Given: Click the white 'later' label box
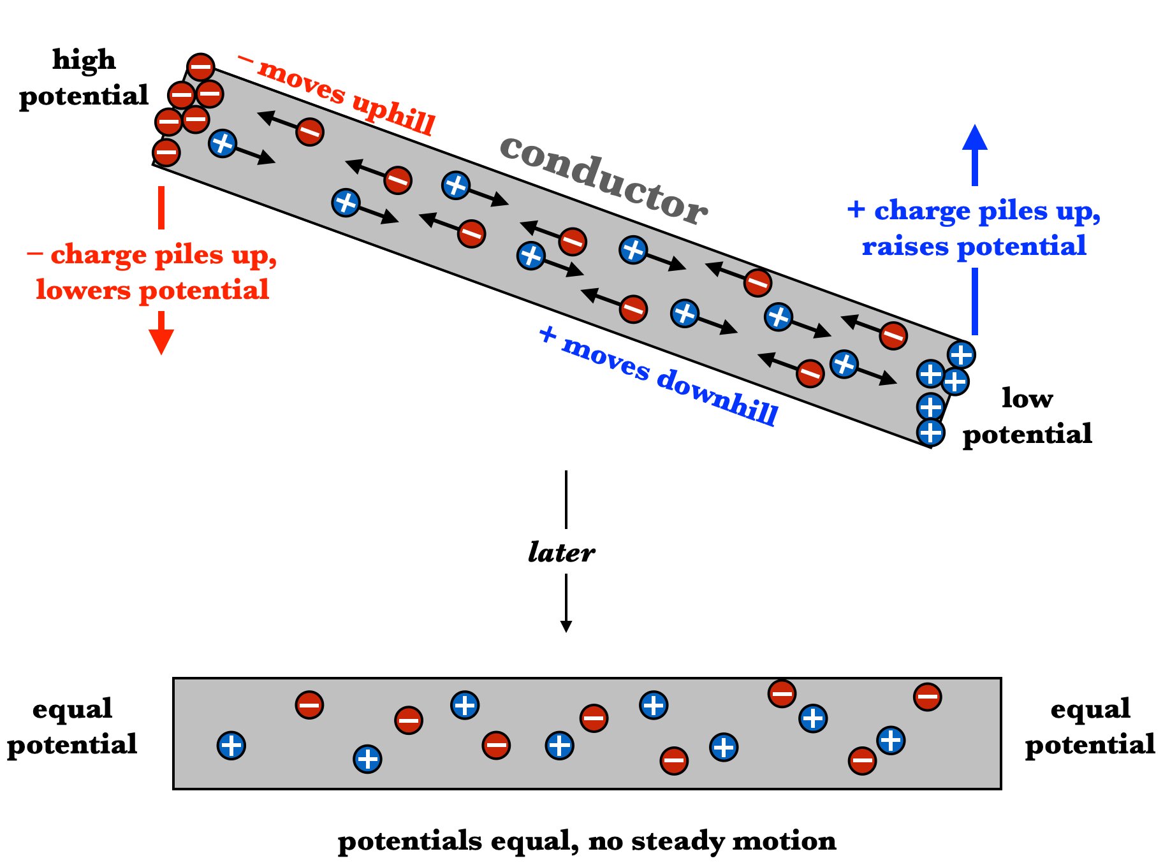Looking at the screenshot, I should [x=560, y=551].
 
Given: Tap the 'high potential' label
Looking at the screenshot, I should [x=84, y=78].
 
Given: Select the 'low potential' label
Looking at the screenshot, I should [x=1027, y=416].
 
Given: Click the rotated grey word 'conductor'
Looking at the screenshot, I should [x=603, y=180].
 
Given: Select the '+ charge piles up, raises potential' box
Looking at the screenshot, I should [x=974, y=227].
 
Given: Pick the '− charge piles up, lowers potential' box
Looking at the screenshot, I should [x=152, y=270].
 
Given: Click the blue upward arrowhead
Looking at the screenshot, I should [x=974, y=136].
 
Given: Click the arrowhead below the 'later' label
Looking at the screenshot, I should [x=566, y=627].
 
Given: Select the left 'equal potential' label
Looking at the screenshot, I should [x=72, y=727].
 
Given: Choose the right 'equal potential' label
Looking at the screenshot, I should [x=1090, y=727].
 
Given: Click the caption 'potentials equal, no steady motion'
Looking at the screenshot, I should [x=587, y=841].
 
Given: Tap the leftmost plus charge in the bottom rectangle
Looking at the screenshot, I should [x=231, y=745].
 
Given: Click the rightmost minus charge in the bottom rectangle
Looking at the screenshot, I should [x=927, y=697].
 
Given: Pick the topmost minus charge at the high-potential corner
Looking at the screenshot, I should [x=200, y=67].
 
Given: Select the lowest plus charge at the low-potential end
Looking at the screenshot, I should [x=930, y=432].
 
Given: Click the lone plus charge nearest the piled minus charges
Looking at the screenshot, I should [x=223, y=143].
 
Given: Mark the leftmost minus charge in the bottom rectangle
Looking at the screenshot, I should [x=309, y=705].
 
